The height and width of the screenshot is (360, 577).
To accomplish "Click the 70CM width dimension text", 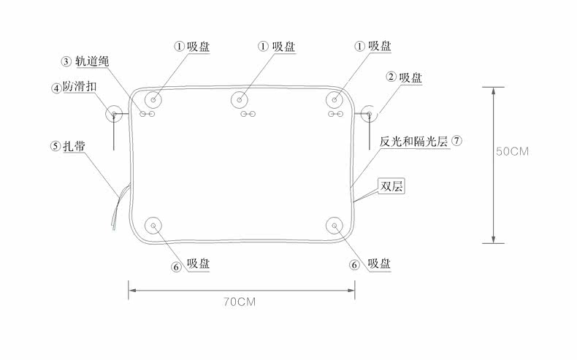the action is pos(241,301).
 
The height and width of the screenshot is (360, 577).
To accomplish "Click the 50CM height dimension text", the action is pos(512,152).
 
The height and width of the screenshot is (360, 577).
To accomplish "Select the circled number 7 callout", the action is pos(456,140).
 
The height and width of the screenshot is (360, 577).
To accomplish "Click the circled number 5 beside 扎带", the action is pos(56,146).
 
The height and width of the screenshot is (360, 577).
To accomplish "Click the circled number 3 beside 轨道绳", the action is pos(66,61).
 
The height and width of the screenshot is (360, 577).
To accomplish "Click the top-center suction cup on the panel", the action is pos(240,99).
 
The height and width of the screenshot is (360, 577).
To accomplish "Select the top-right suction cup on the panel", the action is pos(335,99).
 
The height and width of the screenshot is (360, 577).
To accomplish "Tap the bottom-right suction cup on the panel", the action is pos(335,226).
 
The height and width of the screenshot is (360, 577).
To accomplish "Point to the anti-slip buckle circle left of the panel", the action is pos(114,113).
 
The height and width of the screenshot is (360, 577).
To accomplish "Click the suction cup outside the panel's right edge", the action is pos(370,113).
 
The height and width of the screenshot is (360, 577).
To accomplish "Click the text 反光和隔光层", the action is pos(413,140).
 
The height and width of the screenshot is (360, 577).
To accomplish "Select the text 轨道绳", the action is pos(92,61).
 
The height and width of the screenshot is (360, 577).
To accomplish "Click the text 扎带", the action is pos(75,146).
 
